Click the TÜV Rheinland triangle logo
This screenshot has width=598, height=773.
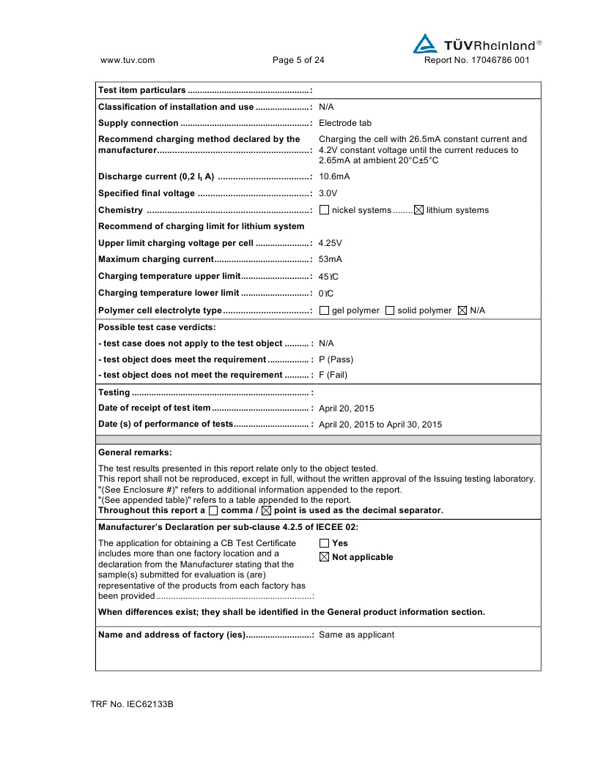click(425, 44)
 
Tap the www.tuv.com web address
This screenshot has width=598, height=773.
click(127, 61)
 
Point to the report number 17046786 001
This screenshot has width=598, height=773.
click(476, 61)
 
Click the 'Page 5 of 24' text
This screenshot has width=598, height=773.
click(298, 61)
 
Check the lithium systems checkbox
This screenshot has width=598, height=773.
click(419, 210)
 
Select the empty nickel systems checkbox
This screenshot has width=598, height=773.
click(325, 210)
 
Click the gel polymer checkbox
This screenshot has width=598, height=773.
click(325, 310)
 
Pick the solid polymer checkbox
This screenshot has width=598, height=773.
click(390, 310)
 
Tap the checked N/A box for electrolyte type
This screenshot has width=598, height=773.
click(462, 310)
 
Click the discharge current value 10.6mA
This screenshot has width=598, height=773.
click(334, 176)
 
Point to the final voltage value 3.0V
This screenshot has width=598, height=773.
click(328, 193)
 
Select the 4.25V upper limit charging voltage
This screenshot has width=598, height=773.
click(331, 243)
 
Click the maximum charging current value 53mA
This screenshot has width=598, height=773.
click(331, 260)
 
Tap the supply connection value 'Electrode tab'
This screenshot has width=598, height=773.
click(345, 123)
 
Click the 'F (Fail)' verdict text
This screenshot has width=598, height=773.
click(333, 376)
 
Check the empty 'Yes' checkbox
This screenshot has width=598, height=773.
click(325, 543)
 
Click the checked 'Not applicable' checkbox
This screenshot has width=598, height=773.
click(325, 557)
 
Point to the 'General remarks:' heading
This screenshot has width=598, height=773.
click(135, 452)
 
